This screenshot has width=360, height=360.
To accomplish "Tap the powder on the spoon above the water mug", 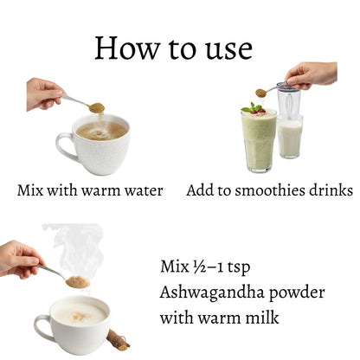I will [x=96, y=108].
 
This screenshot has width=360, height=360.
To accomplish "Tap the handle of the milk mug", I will [x=42, y=326].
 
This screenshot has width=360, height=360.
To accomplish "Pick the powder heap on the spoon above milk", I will [x=78, y=281].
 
